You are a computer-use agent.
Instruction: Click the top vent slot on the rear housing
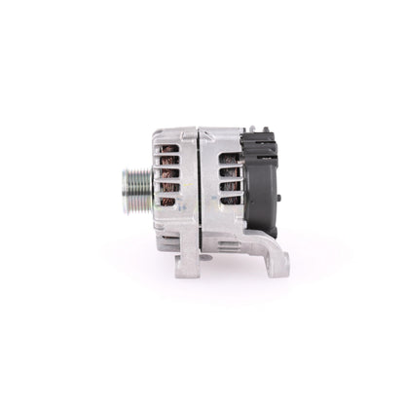tap(227, 162)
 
